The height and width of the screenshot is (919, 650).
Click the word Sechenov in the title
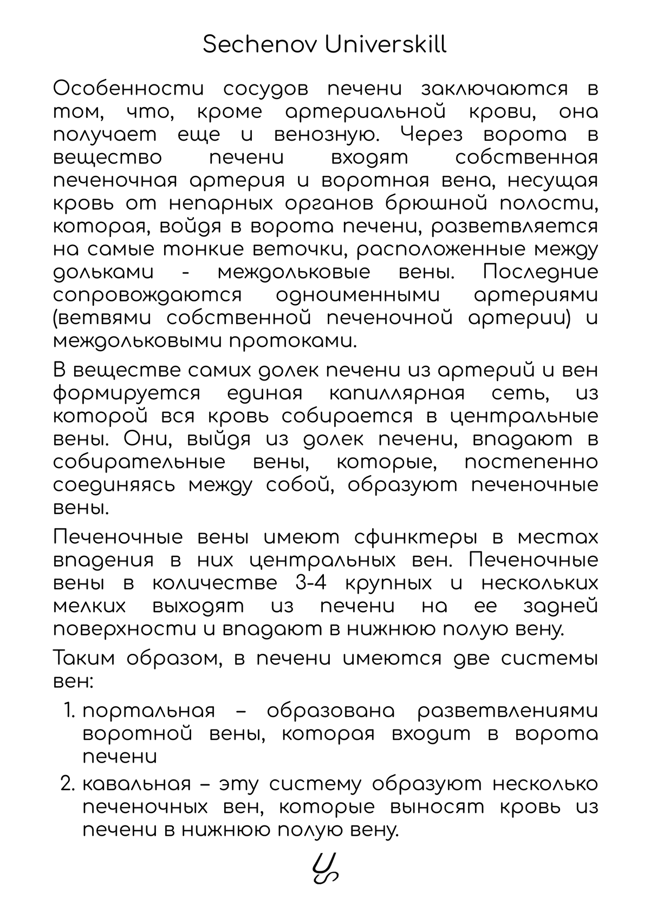pyautogui.click(x=260, y=45)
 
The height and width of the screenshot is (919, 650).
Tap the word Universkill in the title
pyautogui.click(x=385, y=45)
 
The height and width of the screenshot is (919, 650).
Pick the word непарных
pyautogui.click(x=229, y=204)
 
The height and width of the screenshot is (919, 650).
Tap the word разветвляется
pyautogui.click(x=515, y=226)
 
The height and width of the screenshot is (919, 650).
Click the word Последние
pyautogui.click(x=541, y=272)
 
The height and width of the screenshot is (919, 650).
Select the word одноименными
pyautogui.click(x=358, y=296)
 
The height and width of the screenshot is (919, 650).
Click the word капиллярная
pyautogui.click(x=396, y=393)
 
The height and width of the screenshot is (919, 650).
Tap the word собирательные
pyautogui.click(x=139, y=462)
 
